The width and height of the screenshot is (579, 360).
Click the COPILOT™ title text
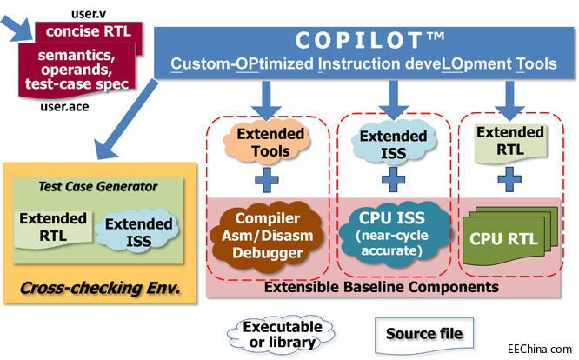tap(359, 40)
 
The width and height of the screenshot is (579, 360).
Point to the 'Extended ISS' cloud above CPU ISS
tap(393, 143)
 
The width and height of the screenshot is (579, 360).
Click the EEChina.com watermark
tap(542, 346)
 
